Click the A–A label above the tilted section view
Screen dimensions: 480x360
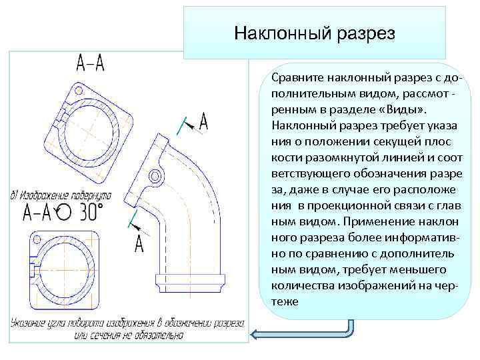pos(91,65)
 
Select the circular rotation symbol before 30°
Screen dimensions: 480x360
pos(63,213)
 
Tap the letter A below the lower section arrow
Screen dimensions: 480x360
pos(139,244)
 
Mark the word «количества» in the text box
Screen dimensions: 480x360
pos(303,285)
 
